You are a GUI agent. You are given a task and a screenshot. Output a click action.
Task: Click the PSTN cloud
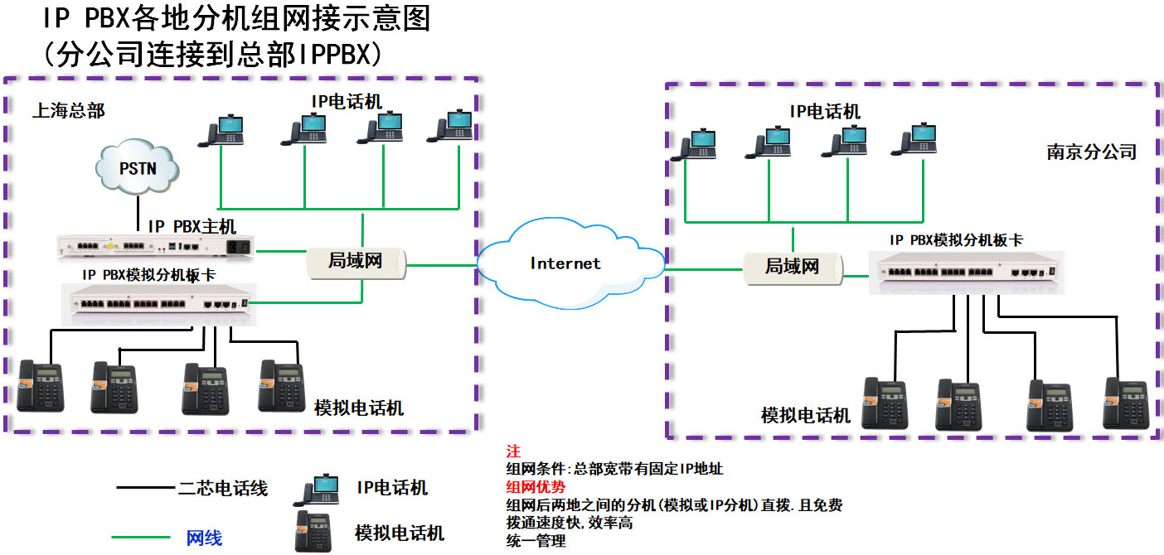[x=138, y=169]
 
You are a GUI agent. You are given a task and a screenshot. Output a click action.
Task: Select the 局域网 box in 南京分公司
[x=792, y=267]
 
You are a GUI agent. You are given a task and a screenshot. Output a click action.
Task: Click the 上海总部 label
[x=69, y=111]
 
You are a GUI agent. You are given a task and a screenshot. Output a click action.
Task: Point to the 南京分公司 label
[x=1091, y=152]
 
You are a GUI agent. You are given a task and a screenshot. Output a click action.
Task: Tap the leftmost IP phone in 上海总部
[x=225, y=130]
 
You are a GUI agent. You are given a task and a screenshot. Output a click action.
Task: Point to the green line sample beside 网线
[x=145, y=538]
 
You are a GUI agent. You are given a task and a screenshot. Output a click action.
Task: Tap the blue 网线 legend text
[x=204, y=538]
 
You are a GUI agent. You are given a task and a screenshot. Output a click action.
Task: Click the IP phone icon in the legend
[x=321, y=489]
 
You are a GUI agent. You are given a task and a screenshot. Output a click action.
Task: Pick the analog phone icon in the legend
[x=314, y=531]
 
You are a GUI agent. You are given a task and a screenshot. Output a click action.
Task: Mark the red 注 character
[x=512, y=451]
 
